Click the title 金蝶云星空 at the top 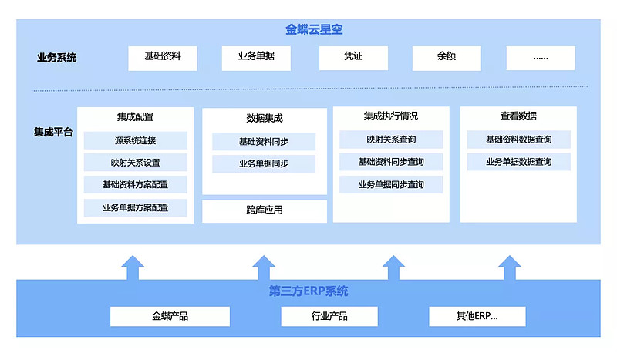coord(314,30)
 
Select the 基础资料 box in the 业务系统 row coord(163,57)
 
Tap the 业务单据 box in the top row coord(256,57)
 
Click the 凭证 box coord(353,57)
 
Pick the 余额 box coord(447,57)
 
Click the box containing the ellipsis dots coord(541,58)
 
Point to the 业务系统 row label coord(57,58)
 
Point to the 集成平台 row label coord(53,132)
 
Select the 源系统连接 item coord(136,141)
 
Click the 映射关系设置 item coord(136,163)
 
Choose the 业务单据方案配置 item coord(136,208)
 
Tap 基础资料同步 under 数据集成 coord(264,142)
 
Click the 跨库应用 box coord(265,210)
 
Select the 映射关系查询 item coord(391,140)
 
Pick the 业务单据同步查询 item coord(391,185)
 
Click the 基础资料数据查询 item coord(518,140)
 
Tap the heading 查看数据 coord(518,116)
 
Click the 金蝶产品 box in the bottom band coord(170,316)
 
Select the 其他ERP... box coord(477,316)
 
